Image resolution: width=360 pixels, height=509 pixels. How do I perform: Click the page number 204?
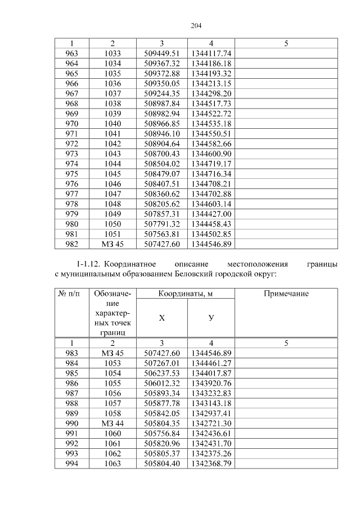196,26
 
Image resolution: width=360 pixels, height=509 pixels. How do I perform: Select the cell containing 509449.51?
161,53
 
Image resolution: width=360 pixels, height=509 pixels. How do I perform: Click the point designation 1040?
112,123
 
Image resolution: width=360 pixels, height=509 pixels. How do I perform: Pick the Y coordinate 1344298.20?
211,93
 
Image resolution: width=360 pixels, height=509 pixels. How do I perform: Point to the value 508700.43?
161,154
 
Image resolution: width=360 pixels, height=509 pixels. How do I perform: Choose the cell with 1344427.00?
211,214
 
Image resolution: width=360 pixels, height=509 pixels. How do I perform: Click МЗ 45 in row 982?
112,244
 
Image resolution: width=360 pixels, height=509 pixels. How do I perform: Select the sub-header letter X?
161,318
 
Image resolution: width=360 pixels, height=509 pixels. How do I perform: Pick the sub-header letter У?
211,318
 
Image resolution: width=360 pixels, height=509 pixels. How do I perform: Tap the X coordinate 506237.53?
161,373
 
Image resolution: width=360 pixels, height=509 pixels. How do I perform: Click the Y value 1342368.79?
211,463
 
